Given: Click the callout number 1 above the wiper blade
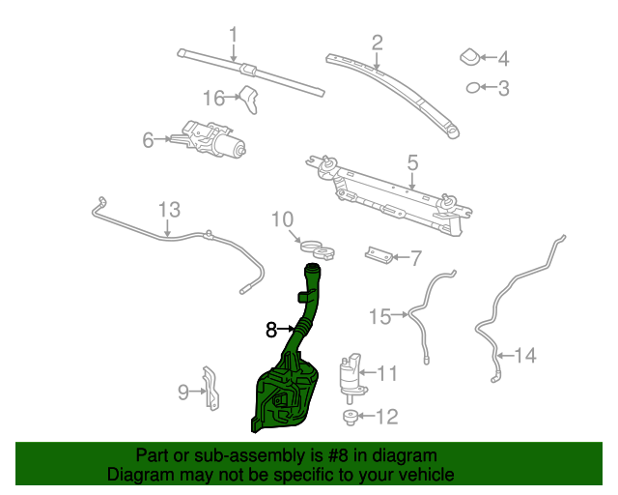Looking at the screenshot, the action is [234, 35].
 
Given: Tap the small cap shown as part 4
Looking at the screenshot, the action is [470, 57].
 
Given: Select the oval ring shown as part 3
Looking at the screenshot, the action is [473, 88].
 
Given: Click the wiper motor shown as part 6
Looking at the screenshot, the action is [209, 139].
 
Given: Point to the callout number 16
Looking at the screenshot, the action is [214, 98].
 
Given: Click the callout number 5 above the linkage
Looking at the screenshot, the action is [412, 162].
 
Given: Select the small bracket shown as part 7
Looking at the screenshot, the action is [379, 255].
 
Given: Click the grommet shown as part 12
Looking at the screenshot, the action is [350, 418].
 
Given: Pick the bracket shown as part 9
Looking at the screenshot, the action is [211, 389].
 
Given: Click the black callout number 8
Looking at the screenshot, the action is [271, 330].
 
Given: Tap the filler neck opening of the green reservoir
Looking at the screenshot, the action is [313, 267].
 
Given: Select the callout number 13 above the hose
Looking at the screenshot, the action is [170, 210].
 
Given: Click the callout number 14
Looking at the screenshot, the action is [525, 355].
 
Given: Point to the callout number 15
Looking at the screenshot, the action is [379, 316].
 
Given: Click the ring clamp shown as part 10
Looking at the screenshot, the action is [318, 249].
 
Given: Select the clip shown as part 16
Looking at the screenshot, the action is [249, 100].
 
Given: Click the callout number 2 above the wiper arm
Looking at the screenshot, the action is [378, 43].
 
